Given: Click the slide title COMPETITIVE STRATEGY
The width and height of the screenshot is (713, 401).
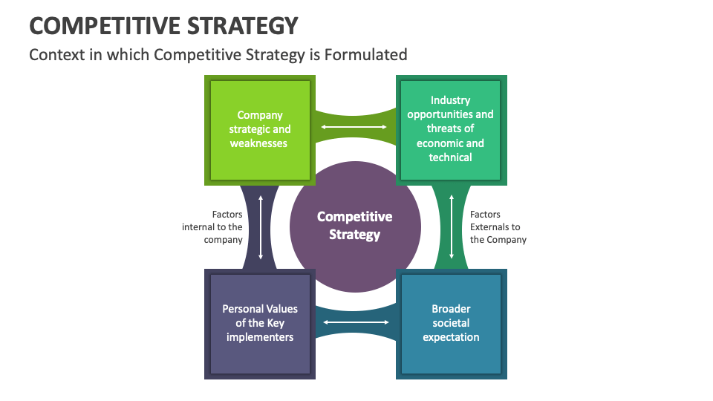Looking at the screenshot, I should [163, 26].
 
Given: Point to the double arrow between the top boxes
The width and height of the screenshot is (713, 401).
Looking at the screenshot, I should [354, 128].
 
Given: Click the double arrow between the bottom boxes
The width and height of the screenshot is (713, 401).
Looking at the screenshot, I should [356, 322].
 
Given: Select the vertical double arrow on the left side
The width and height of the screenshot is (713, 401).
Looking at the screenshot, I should [261, 226].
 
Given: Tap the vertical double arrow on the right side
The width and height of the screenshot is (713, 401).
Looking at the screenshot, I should [451, 226].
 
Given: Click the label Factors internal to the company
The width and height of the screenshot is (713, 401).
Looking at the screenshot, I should [212, 227].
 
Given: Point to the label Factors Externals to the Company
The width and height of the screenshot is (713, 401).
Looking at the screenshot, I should [498, 227].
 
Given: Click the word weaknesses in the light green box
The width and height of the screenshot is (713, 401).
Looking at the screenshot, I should [258, 143].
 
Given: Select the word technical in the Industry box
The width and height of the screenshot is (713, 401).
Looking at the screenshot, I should [450, 157].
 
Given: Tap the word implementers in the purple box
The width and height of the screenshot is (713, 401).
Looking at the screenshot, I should [259, 337].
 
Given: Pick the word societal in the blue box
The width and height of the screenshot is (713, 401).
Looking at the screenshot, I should [451, 323].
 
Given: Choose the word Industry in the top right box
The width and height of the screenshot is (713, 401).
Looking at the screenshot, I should [450, 100].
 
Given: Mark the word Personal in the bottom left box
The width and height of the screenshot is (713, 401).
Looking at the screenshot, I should [243, 309].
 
